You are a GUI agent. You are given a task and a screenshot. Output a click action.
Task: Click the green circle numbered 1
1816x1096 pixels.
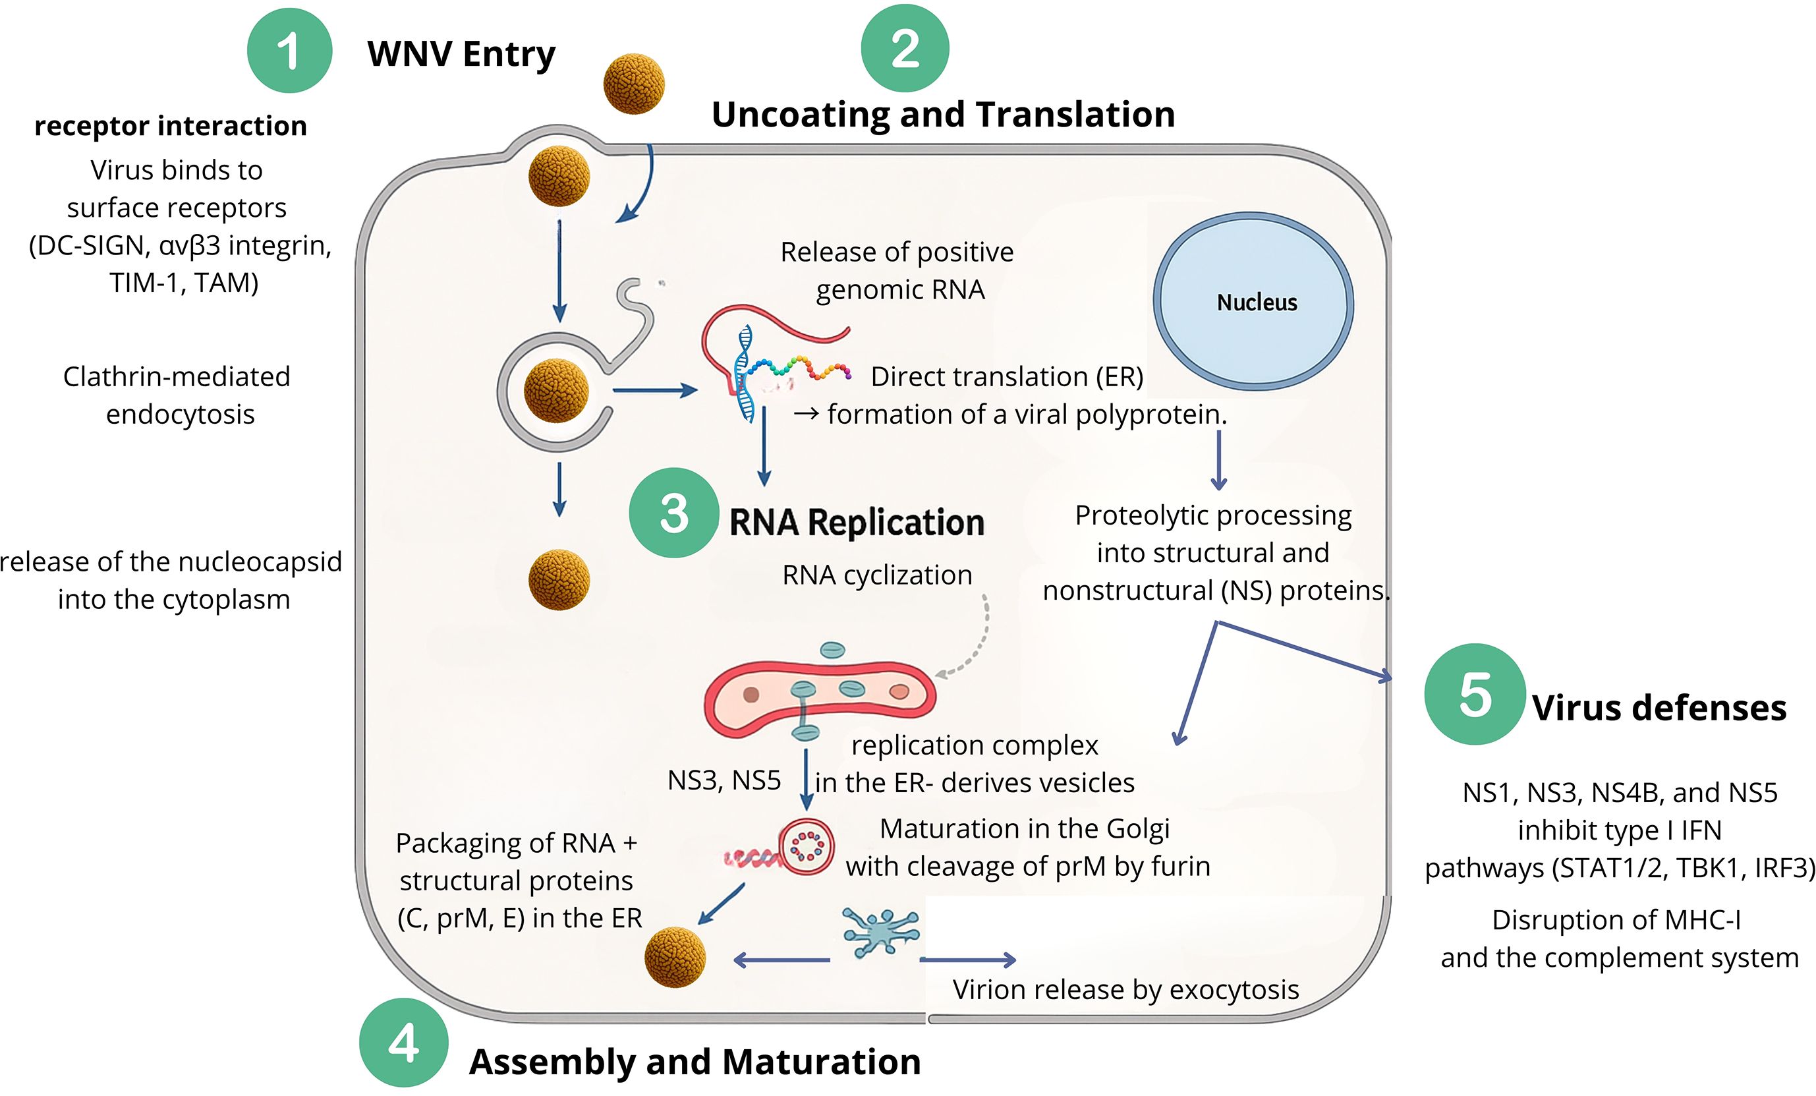(x=289, y=50)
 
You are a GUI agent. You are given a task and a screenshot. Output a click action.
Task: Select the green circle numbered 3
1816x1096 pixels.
(x=673, y=512)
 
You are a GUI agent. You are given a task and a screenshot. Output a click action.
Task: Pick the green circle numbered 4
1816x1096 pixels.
(x=403, y=1042)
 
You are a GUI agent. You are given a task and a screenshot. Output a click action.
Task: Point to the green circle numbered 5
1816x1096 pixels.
(x=1474, y=693)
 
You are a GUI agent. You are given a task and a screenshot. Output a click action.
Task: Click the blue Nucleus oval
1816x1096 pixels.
(x=1253, y=301)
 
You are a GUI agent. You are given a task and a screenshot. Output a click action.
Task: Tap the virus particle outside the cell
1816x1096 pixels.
(x=633, y=84)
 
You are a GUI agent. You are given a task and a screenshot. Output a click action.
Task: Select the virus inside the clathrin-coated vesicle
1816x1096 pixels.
(x=556, y=391)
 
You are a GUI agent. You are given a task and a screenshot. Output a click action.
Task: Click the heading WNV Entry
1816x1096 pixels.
(x=461, y=54)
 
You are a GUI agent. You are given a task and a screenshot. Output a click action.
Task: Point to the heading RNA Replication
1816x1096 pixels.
(x=857, y=522)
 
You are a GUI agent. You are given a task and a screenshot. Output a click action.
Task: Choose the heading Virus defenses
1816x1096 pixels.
(x=1659, y=708)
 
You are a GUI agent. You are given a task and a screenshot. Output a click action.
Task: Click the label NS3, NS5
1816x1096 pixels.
(x=724, y=780)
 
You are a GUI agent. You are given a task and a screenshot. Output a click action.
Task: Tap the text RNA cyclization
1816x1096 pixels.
(x=877, y=575)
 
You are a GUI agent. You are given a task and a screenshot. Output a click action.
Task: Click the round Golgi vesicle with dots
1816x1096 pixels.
(x=807, y=846)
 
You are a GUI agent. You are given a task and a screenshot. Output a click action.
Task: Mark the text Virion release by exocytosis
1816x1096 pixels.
(x=1125, y=989)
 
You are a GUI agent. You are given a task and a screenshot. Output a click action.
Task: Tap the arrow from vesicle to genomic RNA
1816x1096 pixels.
(x=654, y=390)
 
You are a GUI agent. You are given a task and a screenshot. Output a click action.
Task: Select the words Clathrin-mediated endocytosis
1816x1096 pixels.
(x=177, y=395)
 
